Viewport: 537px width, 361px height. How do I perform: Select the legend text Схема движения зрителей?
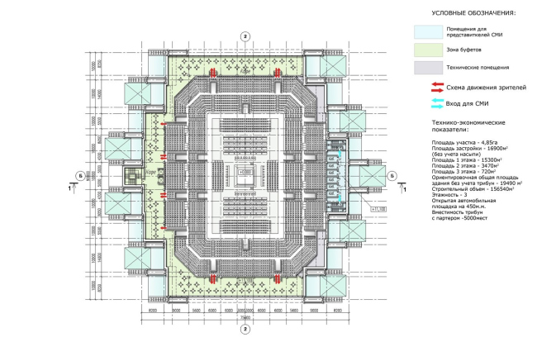[486, 86]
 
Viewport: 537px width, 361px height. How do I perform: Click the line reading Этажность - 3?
[451, 197]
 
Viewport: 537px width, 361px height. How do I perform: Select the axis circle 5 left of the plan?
[79, 176]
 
